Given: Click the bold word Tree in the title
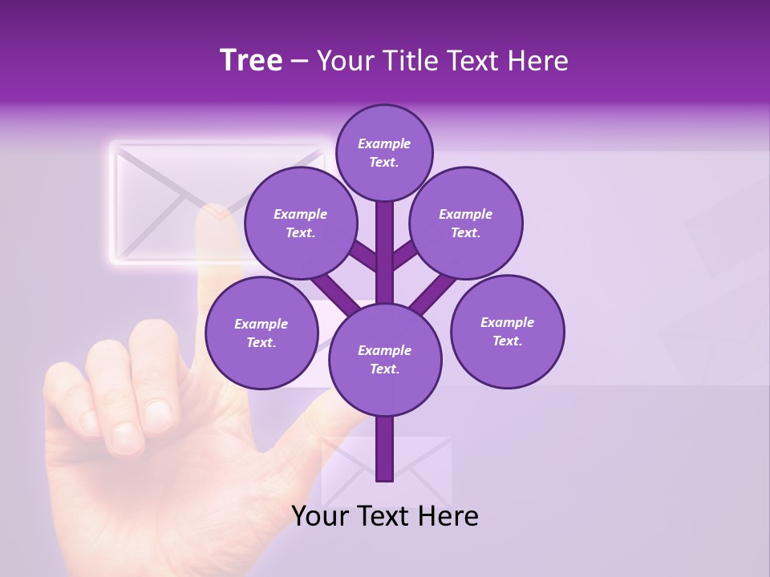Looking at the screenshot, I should point(251,61).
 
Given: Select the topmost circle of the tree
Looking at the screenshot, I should point(384,152).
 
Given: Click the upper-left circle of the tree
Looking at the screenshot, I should point(301,224).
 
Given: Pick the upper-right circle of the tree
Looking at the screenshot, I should point(466,224).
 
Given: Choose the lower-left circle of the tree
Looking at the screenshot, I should point(261,333).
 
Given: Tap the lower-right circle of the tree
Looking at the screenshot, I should point(508,332).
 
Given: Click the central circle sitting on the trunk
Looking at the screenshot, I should point(385,360).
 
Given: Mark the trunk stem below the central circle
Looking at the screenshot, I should point(385,449).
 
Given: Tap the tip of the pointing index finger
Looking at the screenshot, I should point(215,215).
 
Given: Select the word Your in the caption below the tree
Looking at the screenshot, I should point(320,516).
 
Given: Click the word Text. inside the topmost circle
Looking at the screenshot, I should point(384,162).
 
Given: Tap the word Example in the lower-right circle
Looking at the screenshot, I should point(507,322).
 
